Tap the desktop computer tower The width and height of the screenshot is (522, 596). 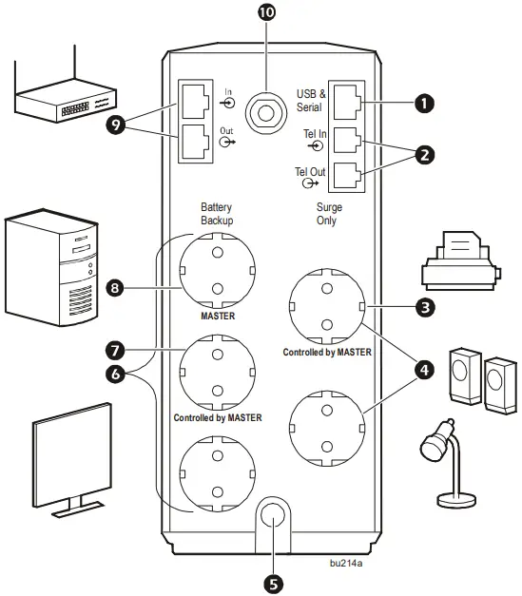[51, 262]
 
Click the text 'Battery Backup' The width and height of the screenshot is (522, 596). [216, 213]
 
